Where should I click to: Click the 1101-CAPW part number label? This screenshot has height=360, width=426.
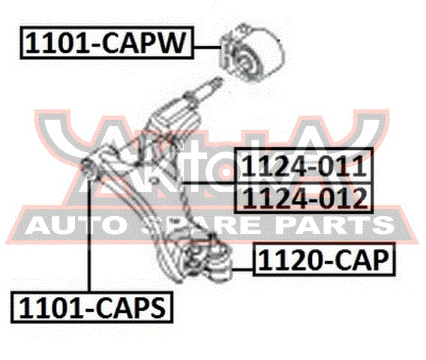106,43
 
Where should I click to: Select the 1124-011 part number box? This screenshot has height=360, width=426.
304,166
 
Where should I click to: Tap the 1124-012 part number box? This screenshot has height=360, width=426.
304,197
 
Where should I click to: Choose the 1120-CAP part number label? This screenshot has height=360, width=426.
324,259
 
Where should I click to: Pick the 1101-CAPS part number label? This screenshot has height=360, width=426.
91,307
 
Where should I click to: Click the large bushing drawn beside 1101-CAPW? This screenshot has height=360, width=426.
251,53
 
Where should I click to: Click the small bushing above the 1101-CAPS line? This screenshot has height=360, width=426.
90,169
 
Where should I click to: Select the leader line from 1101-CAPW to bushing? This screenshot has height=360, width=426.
207,47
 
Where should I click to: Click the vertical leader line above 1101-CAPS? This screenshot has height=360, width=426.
88,235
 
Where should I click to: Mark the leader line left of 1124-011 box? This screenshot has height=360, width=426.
208,183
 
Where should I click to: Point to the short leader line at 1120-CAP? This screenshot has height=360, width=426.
242,269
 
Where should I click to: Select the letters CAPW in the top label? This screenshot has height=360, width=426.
143,43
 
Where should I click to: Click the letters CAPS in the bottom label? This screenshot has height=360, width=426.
130,307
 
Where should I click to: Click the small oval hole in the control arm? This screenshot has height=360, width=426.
154,181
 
